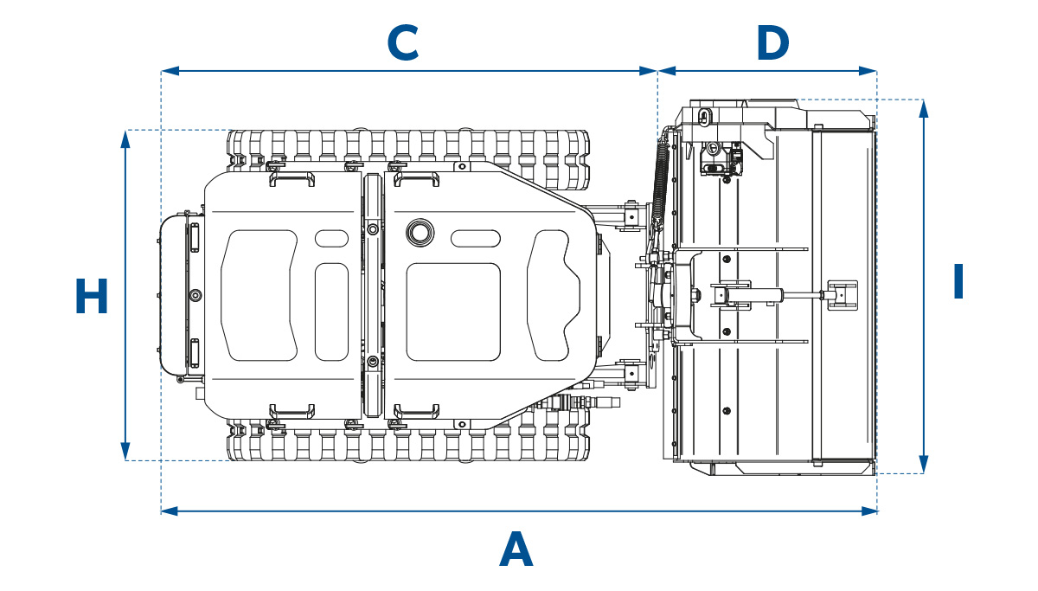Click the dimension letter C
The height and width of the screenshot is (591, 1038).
point(403,42)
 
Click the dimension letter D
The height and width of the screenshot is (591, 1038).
point(773,42)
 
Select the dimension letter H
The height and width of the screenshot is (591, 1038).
point(92,296)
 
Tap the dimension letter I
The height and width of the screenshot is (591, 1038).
point(958,281)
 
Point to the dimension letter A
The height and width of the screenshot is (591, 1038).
point(516,549)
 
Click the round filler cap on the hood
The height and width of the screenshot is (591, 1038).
point(420,233)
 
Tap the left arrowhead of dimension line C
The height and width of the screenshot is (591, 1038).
point(170,71)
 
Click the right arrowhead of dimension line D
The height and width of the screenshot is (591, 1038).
point(868,71)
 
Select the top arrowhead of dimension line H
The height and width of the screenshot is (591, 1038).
point(125,139)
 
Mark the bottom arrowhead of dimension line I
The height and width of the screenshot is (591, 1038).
point(924,465)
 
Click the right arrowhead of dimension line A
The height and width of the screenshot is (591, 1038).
point(868,511)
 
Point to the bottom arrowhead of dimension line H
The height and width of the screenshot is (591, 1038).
point(125,452)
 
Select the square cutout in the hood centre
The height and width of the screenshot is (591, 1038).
point(453,312)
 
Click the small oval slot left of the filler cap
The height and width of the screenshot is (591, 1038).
point(331,238)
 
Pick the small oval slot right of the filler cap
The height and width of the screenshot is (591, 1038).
point(476,238)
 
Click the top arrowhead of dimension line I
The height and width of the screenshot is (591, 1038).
point(924,109)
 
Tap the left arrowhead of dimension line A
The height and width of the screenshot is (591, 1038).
point(170,511)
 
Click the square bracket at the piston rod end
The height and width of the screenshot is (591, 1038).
point(843,295)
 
